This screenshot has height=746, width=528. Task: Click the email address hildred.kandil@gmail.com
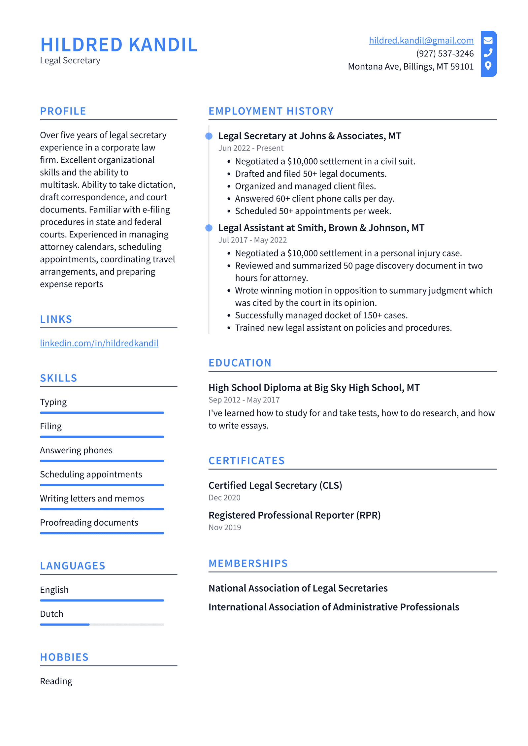coord(421,40)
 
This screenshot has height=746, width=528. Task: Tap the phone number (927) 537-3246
coord(445,53)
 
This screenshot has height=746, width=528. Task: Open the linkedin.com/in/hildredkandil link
coord(99,343)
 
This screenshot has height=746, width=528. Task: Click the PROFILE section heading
coord(63,111)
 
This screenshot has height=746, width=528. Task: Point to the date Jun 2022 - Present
coord(250,148)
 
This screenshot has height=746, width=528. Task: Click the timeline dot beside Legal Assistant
coord(209,228)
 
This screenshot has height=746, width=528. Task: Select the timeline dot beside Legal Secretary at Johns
coord(209,136)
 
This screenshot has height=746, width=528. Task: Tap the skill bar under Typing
coord(102,412)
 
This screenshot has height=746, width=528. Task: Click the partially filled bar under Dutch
coord(102,624)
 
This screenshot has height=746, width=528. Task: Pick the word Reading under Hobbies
coord(56,681)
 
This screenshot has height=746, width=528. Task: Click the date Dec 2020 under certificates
coord(224,498)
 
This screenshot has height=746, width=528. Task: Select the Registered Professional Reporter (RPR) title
coord(294,515)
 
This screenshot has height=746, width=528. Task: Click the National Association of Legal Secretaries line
coord(298,588)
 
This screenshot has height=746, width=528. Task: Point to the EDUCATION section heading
coord(240,363)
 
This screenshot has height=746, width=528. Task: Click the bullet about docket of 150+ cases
coord(321,315)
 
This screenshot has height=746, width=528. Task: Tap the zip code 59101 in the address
coord(462,67)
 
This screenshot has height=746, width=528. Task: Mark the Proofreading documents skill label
coord(89,522)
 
